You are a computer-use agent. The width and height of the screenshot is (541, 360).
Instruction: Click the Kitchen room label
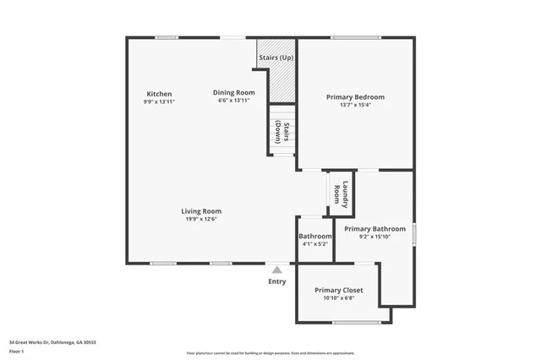pos(159,93)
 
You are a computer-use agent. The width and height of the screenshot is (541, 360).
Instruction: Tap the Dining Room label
pos(233,92)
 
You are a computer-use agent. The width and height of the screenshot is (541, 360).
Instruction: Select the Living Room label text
pos(201,211)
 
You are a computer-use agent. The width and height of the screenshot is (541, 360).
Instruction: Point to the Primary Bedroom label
pos(355,97)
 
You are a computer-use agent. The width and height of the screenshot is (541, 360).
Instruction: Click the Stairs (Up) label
pos(276,57)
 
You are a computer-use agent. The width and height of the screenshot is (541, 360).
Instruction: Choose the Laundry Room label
pos(341,194)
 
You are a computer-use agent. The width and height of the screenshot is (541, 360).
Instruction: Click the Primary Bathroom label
pos(374,229)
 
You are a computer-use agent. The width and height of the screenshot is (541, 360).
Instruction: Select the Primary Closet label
pos(338,290)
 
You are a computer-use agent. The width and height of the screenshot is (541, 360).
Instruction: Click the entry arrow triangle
pos(276,270)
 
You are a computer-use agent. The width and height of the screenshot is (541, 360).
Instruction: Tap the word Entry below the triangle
pos(276,281)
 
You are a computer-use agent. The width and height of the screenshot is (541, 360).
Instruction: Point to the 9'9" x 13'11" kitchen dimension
pos(159,101)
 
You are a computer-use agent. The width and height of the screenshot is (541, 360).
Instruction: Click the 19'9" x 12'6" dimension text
pos(201,220)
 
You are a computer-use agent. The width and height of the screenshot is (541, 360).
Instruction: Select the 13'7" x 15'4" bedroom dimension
pos(355,106)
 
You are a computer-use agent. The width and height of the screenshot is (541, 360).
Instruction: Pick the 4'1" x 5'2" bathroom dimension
pos(314,244)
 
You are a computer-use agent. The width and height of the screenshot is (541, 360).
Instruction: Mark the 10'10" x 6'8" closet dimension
pos(338,298)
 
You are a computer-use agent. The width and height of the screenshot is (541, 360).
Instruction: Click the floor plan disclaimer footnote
pos(270,353)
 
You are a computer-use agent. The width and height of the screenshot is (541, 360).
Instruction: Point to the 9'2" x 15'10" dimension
pos(374,237)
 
